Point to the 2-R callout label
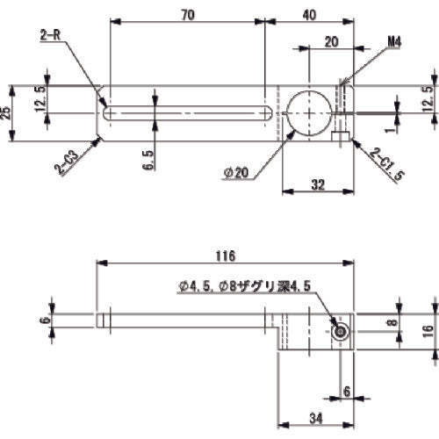[50, 34]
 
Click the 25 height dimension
[7, 112]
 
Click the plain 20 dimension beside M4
[331, 41]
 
